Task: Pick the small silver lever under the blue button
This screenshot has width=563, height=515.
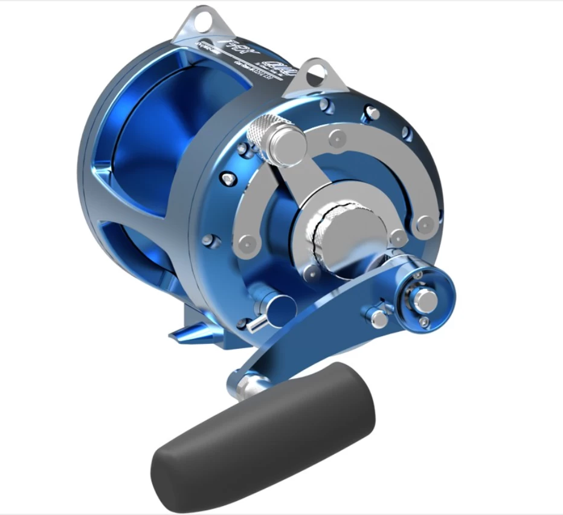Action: tap(257, 323)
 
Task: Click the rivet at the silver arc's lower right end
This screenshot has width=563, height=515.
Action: tap(425, 224)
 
